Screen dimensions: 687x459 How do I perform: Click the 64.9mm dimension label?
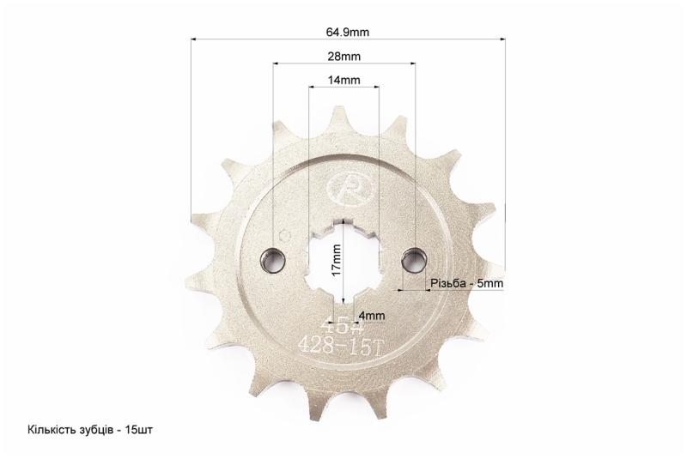coord(348,32)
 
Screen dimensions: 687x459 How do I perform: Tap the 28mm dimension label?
coord(344,57)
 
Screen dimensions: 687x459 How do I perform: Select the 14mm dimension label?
coord(344,80)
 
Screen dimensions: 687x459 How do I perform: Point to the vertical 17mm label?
coord(337,260)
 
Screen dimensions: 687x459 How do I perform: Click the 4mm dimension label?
coord(372,316)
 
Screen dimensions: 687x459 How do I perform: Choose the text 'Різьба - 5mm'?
coord(466,283)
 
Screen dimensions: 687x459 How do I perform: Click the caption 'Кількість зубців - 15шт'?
coord(90,430)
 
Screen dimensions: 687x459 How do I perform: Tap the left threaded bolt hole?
coord(273,261)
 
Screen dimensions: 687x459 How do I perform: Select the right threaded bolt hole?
coord(414,260)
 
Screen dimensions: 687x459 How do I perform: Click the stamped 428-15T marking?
coord(341,347)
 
